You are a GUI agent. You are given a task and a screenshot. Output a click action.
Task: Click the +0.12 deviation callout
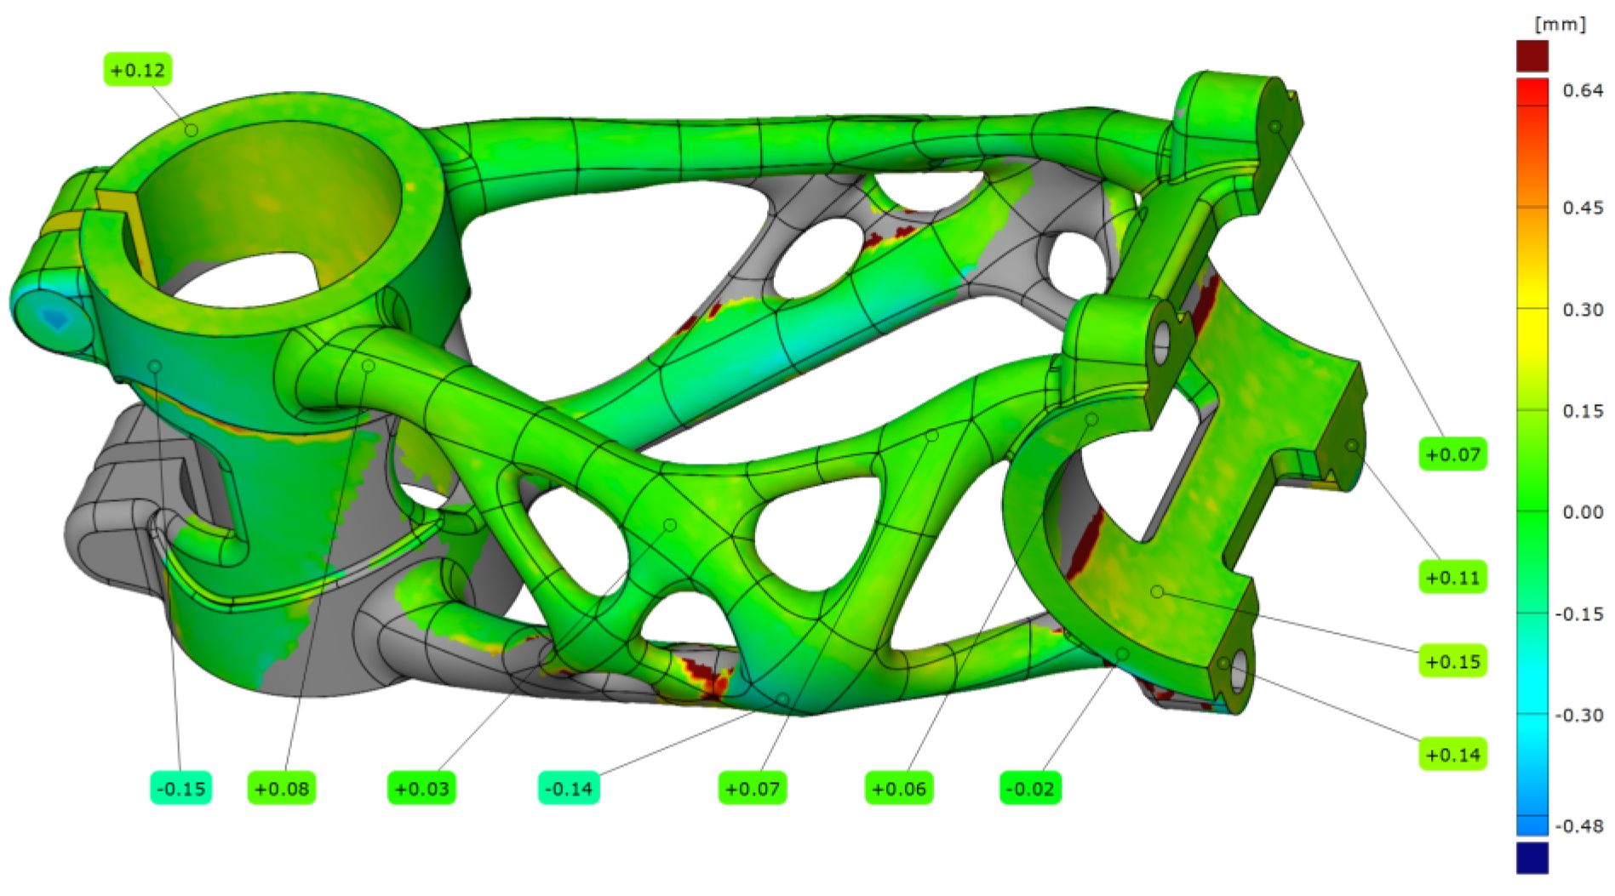pos(138,70)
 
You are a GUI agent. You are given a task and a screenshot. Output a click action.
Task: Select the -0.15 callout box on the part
pos(181,789)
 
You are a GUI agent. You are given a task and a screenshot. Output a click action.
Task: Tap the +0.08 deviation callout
pos(282,789)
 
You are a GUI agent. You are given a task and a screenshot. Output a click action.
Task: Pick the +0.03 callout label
pos(422,789)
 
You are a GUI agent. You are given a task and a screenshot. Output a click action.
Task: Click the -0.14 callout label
pos(570,789)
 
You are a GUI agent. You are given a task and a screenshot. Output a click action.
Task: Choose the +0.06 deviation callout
pos(900,789)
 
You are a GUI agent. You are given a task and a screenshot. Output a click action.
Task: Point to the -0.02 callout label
pos(1031,789)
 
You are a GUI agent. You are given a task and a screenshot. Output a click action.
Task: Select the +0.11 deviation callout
pos(1453,578)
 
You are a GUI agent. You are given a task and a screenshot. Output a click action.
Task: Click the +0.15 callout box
pos(1453,661)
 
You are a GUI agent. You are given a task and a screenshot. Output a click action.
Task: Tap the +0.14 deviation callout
pos(1453,755)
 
